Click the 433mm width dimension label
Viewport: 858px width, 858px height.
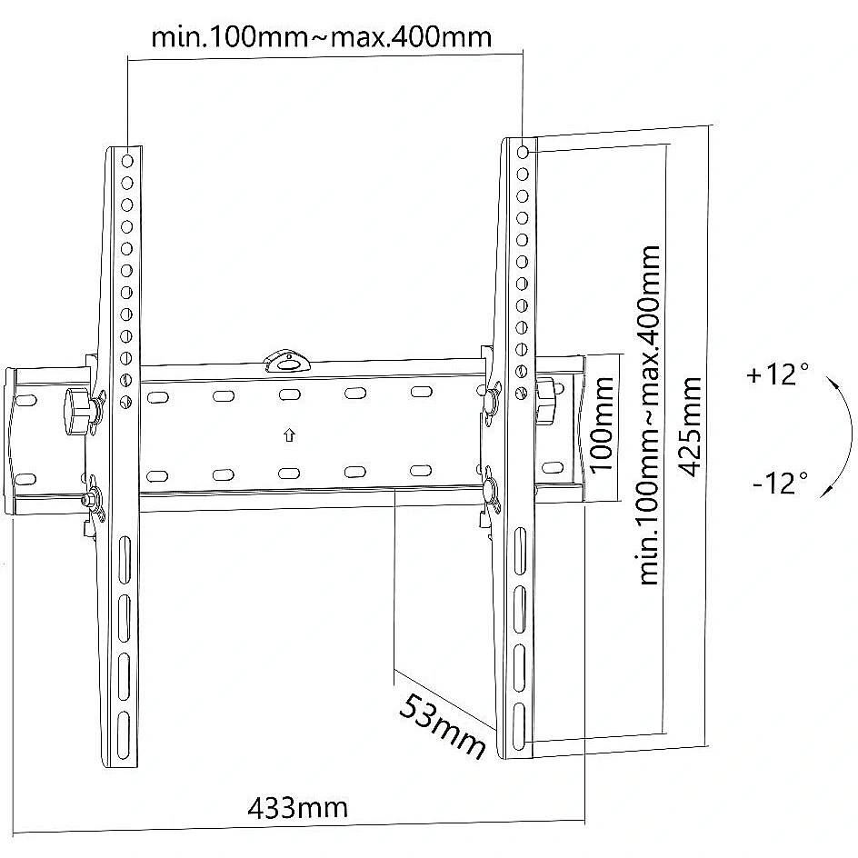pyautogui.click(x=298, y=808)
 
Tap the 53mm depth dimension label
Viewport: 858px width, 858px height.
pyautogui.click(x=442, y=726)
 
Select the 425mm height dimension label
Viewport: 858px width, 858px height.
pyautogui.click(x=689, y=427)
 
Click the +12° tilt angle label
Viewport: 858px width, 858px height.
pyautogui.click(x=778, y=374)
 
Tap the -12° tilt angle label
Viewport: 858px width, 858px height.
pyautogui.click(x=781, y=483)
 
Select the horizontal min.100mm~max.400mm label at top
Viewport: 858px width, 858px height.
pyautogui.click(x=321, y=37)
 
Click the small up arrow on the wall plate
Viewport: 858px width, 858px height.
pyautogui.click(x=289, y=435)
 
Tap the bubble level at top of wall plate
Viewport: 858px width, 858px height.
pyautogui.click(x=286, y=360)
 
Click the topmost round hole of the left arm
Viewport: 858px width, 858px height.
pyautogui.click(x=127, y=161)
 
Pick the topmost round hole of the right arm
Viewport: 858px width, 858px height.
pyautogui.click(x=523, y=152)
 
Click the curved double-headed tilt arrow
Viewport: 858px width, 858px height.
pyautogui.click(x=843, y=435)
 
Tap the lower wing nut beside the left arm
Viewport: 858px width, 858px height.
pyautogui.click(x=92, y=500)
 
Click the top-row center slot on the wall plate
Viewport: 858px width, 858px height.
pyautogui.click(x=289, y=394)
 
